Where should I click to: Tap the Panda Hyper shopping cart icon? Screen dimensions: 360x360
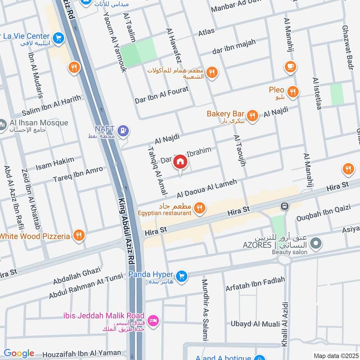pos(181,275)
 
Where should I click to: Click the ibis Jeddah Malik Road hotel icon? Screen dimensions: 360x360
pos(153,320)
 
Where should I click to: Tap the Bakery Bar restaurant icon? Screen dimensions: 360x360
pos(252,116)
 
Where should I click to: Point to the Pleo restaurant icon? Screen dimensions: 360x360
pos(293,92)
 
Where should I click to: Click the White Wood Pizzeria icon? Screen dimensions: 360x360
pos(79,235)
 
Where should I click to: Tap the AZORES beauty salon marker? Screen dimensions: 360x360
pos(316,243)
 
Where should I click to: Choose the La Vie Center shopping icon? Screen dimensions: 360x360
pos(58,39)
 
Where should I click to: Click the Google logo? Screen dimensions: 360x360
pos(19,353)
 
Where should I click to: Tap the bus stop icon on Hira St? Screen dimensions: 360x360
pos(284,207)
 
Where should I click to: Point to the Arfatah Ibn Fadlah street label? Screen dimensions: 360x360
pos(255,283)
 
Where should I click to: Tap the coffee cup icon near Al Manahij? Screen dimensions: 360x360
pos(290,67)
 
